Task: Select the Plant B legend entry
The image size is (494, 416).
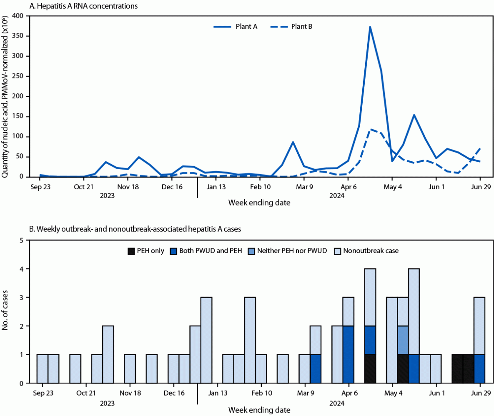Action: pyautogui.click(x=292, y=26)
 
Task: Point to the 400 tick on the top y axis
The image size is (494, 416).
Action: pyautogui.click(x=19, y=16)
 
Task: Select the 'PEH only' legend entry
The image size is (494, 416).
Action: pyautogui.click(x=145, y=251)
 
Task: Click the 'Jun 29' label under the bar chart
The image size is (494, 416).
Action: pyautogui.click(x=479, y=393)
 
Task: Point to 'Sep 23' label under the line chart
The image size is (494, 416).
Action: pyautogui.click(x=40, y=187)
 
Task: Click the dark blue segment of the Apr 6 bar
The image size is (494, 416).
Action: pyautogui.click(x=348, y=354)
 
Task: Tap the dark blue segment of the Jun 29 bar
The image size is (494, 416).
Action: pyautogui.click(x=479, y=368)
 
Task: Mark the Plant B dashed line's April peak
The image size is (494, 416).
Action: pyautogui.click(x=370, y=130)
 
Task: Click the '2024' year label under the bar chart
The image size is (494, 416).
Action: pyautogui.click(x=336, y=403)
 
